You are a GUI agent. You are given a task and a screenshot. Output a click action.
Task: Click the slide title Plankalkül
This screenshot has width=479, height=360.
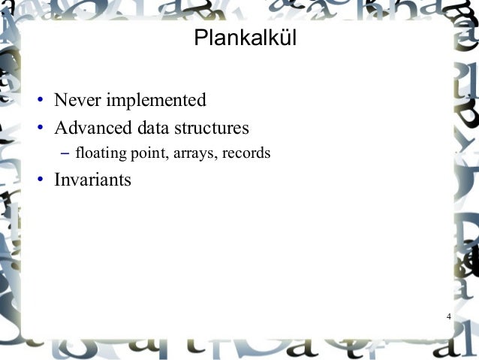click(245, 38)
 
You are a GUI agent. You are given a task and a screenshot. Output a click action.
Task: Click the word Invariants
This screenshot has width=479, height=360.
click(93, 180)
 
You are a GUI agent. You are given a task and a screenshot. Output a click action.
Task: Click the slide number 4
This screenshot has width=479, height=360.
click(448, 316)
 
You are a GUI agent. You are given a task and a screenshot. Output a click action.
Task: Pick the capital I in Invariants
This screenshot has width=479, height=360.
click(58, 180)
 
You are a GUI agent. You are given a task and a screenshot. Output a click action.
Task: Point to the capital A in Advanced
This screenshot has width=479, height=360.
click(61, 126)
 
